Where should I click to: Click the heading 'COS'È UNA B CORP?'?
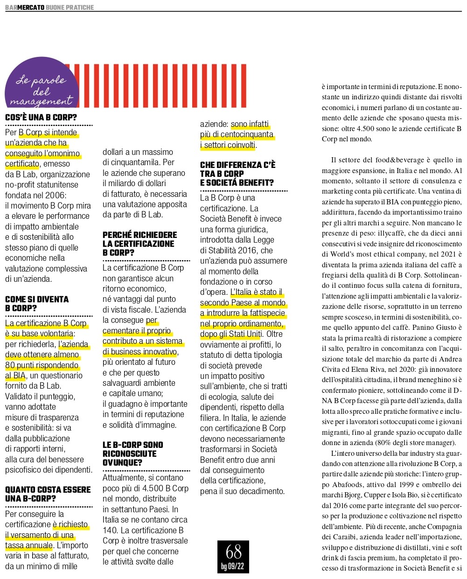click(x=41, y=118)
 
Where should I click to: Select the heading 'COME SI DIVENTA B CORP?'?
click(x=37, y=304)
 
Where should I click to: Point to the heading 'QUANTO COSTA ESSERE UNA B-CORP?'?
click(x=48, y=494)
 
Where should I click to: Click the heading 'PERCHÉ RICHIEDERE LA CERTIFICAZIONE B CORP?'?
click(x=139, y=244)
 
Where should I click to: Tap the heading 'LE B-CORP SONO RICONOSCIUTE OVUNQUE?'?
click(x=133, y=453)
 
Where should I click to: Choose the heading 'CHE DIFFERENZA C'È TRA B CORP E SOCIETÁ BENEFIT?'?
click(x=237, y=174)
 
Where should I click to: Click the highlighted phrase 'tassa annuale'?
click(x=29, y=545)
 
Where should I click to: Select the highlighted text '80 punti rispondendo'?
click(x=42, y=365)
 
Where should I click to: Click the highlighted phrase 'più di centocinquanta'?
click(x=237, y=134)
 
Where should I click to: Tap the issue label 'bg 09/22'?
click(x=233, y=566)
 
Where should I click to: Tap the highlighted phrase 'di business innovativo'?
click(x=139, y=352)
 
